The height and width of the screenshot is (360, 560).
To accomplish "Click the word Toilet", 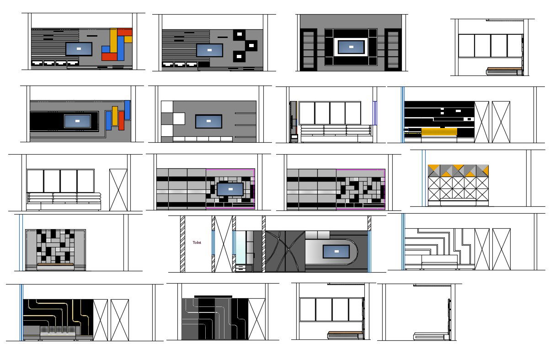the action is tap(197, 242).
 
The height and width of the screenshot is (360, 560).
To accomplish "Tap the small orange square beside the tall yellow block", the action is tap(128, 39).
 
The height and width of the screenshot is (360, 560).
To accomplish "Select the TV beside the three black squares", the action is tap(209, 50).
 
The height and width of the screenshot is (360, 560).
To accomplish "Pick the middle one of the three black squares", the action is tap(251, 46).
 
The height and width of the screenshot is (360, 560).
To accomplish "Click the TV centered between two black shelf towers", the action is tap(351, 47).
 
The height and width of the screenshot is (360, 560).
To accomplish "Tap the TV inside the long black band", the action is tap(77, 121).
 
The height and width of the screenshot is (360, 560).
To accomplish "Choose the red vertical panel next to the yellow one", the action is tap(121, 120).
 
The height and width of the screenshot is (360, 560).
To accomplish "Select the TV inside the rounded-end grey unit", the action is tap(336, 252).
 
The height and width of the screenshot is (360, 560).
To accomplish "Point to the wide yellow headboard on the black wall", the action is tap(439, 132).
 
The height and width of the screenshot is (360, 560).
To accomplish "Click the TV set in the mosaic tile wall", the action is tap(230, 188).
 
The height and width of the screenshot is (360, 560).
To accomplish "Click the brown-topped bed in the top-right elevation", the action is tap(504, 71).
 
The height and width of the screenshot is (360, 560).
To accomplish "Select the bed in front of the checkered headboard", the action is tap(55, 266).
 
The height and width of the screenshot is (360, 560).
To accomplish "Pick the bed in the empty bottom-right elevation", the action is tap(428, 337).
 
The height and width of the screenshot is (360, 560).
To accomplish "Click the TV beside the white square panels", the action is tap(208, 121).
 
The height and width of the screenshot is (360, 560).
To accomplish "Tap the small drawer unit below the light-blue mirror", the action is tap(240, 268).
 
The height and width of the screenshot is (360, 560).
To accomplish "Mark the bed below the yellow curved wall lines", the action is tap(58, 335).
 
